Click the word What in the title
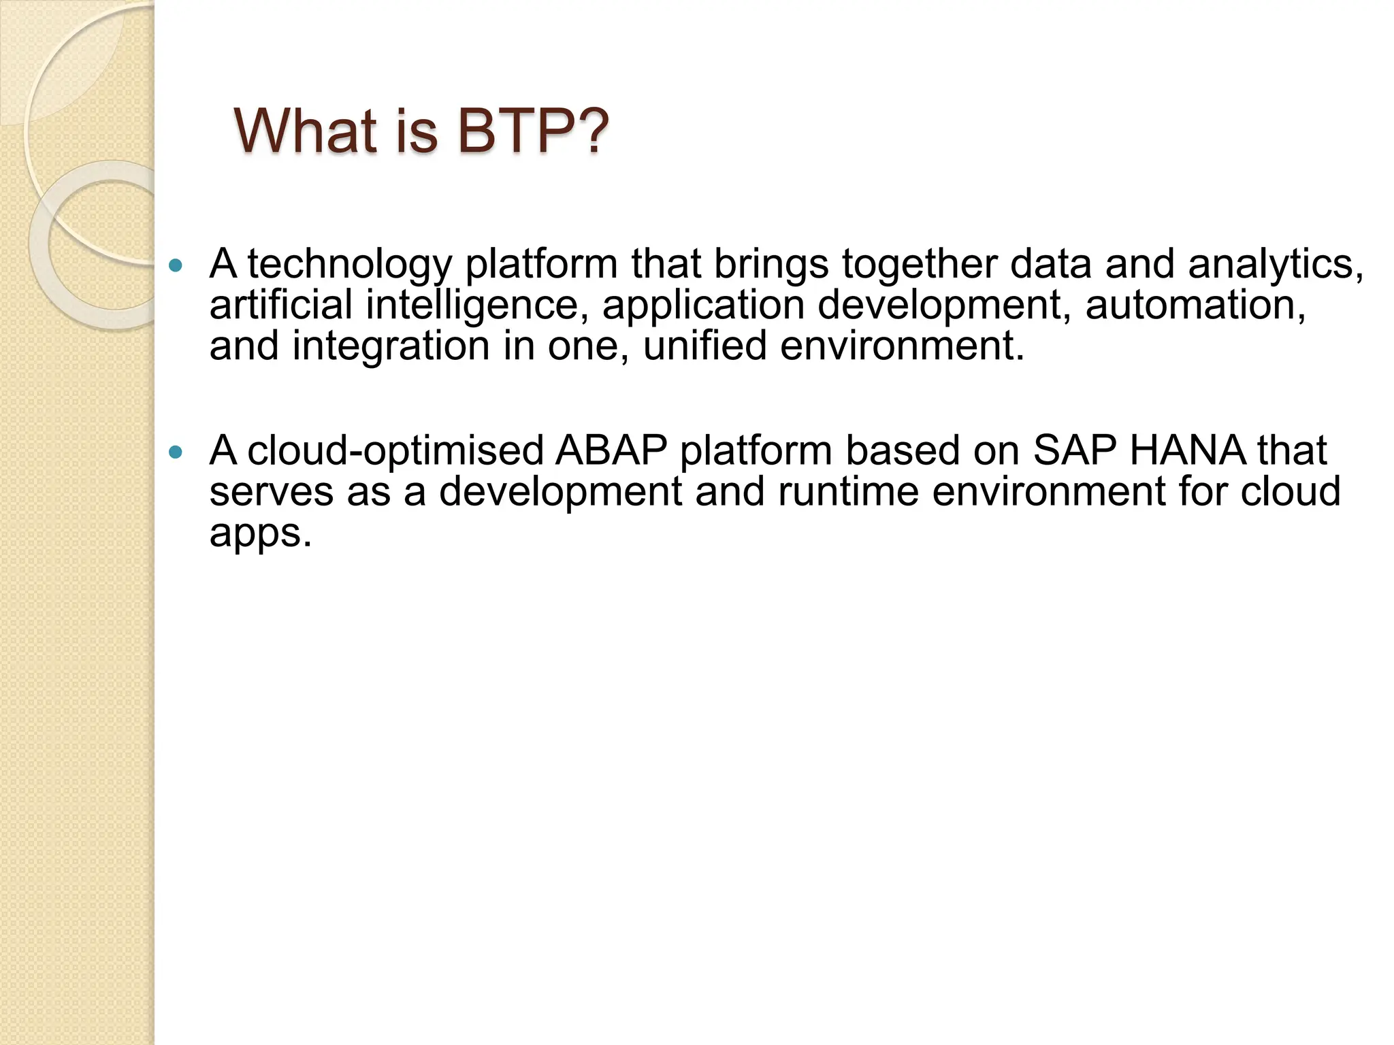[x=305, y=131]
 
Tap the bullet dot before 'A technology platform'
[x=176, y=265]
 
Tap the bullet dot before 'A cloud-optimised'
[x=176, y=452]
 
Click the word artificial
[x=280, y=305]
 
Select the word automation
[x=1195, y=305]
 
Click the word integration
[x=391, y=346]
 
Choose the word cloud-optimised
[x=395, y=451]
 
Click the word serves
[x=271, y=492]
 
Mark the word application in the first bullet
[x=702, y=305]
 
